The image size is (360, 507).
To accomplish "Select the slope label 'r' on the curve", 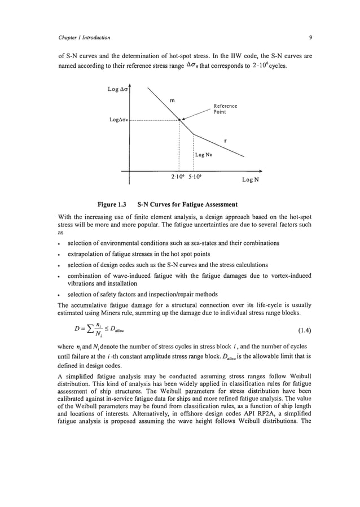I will pyautogui.click(x=226, y=140).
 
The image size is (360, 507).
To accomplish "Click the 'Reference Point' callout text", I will pyautogui.click(x=225, y=109).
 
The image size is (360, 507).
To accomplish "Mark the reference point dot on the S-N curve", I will pyautogui.click(x=179, y=120).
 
